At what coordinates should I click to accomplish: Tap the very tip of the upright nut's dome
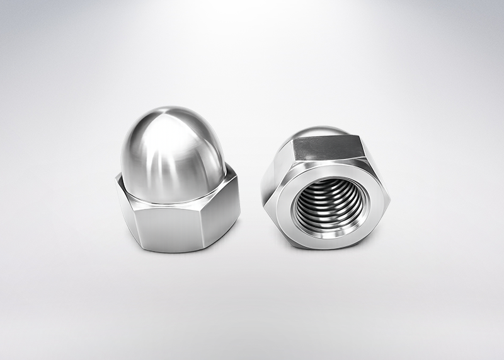(x=171, y=108)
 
